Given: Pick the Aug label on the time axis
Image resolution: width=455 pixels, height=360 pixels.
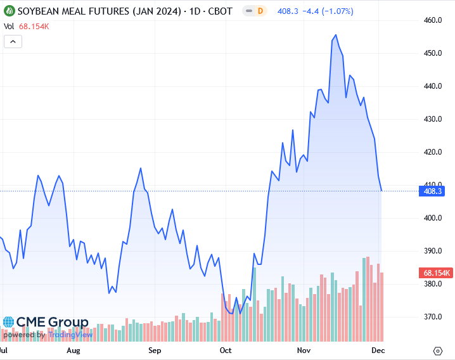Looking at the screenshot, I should click(74, 350).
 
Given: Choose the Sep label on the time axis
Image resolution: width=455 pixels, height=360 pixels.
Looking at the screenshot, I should click(155, 350).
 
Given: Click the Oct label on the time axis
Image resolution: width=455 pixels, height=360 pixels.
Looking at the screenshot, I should click(226, 350).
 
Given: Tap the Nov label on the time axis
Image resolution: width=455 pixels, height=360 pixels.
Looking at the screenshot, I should click(303, 350).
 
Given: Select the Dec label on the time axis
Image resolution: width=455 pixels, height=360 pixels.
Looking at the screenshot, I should click(378, 350).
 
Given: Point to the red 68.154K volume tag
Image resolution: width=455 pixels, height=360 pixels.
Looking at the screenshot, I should click(435, 273).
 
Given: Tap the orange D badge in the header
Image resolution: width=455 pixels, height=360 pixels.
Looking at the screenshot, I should click(260, 11).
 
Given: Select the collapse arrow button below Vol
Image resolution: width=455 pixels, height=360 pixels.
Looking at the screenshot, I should click(13, 42).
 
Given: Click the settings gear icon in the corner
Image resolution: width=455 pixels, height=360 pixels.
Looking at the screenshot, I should click(438, 350).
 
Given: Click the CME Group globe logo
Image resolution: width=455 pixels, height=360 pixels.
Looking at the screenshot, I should click(8, 323).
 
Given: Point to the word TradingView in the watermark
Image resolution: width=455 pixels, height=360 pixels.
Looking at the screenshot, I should click(71, 335).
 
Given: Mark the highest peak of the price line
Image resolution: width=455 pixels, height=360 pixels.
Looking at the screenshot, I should click(335, 35).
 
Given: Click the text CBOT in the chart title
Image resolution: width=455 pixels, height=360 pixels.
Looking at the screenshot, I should click(219, 11).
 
